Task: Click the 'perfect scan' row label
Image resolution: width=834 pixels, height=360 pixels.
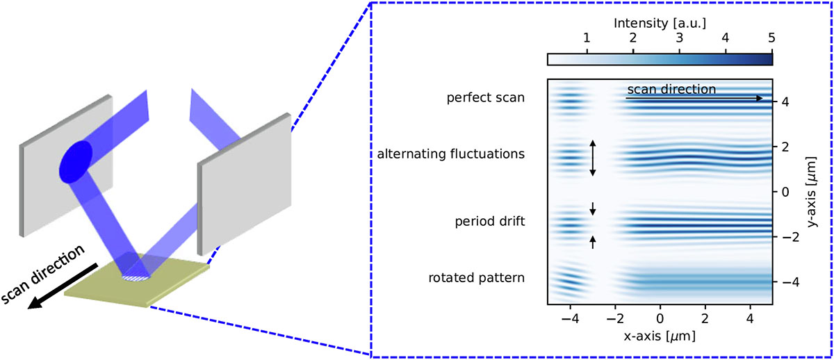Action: coord(485,99)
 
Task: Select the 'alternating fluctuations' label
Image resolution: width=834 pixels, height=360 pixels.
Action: coord(451,154)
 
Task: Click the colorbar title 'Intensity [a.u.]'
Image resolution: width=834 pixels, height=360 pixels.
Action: coord(660,23)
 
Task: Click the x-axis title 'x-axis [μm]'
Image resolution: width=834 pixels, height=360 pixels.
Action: coord(660,335)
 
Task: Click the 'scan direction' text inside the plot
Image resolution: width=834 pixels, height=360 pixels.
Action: coord(671,89)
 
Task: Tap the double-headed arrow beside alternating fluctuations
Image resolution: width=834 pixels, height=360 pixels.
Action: coord(593,158)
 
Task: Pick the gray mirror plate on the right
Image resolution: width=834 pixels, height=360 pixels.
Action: coord(240,184)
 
